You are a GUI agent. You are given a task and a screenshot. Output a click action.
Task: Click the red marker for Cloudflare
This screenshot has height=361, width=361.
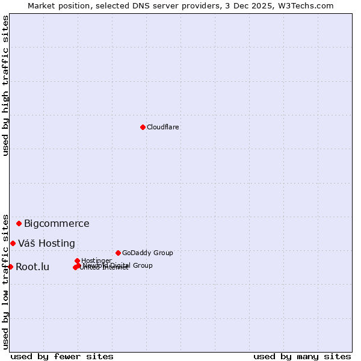[x=143, y=127]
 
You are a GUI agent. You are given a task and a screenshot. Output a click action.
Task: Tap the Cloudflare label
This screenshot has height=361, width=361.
[x=163, y=127]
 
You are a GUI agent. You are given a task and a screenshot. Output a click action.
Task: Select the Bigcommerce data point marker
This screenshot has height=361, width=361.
[x=19, y=223]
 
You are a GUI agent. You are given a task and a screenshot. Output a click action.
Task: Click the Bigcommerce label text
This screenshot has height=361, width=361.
[x=57, y=224]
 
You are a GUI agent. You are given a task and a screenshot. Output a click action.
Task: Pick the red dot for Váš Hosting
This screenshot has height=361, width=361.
[x=13, y=243]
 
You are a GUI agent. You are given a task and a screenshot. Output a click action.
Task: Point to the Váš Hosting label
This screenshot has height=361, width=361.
[x=46, y=244]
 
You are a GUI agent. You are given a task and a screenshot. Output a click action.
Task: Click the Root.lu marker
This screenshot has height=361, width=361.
[x=10, y=267]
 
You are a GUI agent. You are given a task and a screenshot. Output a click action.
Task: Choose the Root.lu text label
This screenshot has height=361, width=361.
[x=32, y=267]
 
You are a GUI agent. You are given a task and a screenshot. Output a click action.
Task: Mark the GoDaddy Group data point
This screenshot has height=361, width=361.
[x=118, y=253]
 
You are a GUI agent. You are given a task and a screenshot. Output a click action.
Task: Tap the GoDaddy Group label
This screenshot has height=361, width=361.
[x=147, y=253]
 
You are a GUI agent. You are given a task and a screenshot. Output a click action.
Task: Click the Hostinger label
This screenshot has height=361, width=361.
[x=96, y=261]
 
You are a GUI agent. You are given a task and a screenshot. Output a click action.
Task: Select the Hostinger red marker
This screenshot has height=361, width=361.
[x=77, y=261]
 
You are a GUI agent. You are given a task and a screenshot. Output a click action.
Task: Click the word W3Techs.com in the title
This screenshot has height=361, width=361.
[x=309, y=5]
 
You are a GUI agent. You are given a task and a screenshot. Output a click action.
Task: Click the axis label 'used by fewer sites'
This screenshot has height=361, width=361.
[x=62, y=356]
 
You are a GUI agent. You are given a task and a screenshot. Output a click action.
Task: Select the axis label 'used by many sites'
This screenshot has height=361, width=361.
[x=302, y=356]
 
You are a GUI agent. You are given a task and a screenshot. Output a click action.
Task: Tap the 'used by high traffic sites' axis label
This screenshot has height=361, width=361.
[x=5, y=85]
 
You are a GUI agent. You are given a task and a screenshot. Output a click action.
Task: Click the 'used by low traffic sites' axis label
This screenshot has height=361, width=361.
[x=5, y=282]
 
